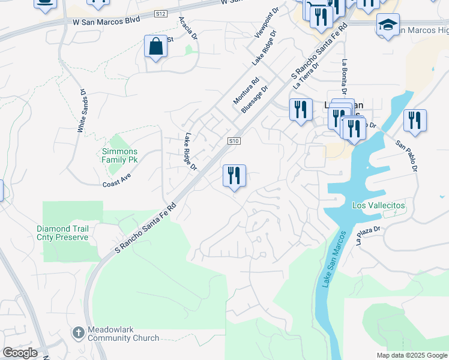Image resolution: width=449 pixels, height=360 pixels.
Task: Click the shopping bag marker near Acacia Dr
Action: pos(155,47)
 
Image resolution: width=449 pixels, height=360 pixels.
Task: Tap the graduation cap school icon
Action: pos(388,25)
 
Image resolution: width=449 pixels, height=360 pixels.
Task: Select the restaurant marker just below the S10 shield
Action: pos(234,176)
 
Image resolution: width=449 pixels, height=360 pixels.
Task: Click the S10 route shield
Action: pos(234,141)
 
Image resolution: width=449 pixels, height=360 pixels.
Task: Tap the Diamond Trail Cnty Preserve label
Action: pos(62,233)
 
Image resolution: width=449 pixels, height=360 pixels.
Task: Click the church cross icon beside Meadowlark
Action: pos(78,332)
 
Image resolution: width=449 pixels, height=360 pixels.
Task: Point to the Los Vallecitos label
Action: pos(378,205)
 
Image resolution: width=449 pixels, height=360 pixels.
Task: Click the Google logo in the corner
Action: pos(20,353)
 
